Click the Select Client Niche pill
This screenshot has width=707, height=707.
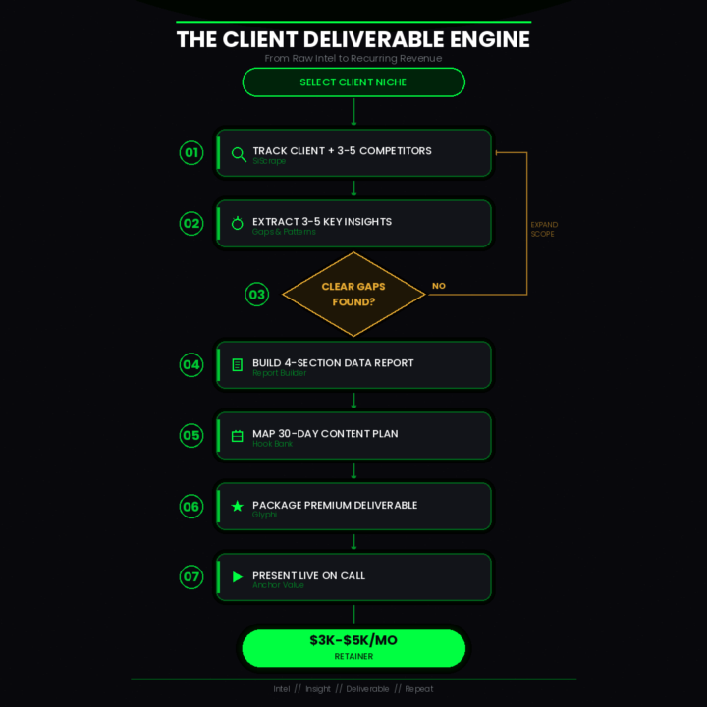[353, 82]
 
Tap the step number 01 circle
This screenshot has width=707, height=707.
[190, 152]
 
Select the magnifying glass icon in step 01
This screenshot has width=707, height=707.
[238, 154]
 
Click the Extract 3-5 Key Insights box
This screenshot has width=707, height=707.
[353, 224]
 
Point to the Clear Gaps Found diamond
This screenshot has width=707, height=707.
[353, 294]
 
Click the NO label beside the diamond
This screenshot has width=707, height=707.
[438, 286]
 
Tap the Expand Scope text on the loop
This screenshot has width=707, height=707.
[542, 229]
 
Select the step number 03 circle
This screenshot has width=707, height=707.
[257, 294]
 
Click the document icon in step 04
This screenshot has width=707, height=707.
[237, 365]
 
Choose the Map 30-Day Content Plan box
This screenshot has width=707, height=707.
[353, 436]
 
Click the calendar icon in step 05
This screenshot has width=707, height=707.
[237, 436]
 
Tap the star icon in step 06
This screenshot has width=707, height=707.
[237, 507]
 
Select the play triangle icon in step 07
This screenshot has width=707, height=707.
[237, 577]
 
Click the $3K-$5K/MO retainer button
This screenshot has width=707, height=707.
[353, 648]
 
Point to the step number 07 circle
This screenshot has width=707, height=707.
[190, 577]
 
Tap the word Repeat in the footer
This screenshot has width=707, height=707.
[419, 689]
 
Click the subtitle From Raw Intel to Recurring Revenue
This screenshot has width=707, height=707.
[353, 58]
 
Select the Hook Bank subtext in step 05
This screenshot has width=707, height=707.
[272, 444]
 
